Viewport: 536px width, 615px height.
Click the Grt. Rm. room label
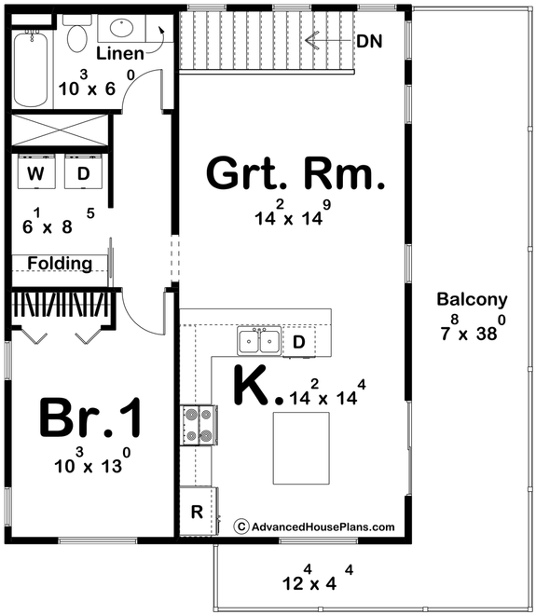click(294, 174)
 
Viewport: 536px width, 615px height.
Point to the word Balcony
click(472, 300)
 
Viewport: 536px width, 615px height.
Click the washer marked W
click(35, 173)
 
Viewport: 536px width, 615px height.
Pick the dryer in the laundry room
click(83, 173)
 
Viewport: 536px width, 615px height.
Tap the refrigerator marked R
click(198, 512)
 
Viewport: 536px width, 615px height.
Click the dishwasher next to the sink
click(298, 342)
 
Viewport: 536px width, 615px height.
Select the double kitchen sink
click(258, 341)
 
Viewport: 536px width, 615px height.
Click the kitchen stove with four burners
click(198, 425)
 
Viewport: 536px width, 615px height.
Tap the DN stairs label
click(370, 41)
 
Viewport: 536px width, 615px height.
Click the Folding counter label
click(59, 264)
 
